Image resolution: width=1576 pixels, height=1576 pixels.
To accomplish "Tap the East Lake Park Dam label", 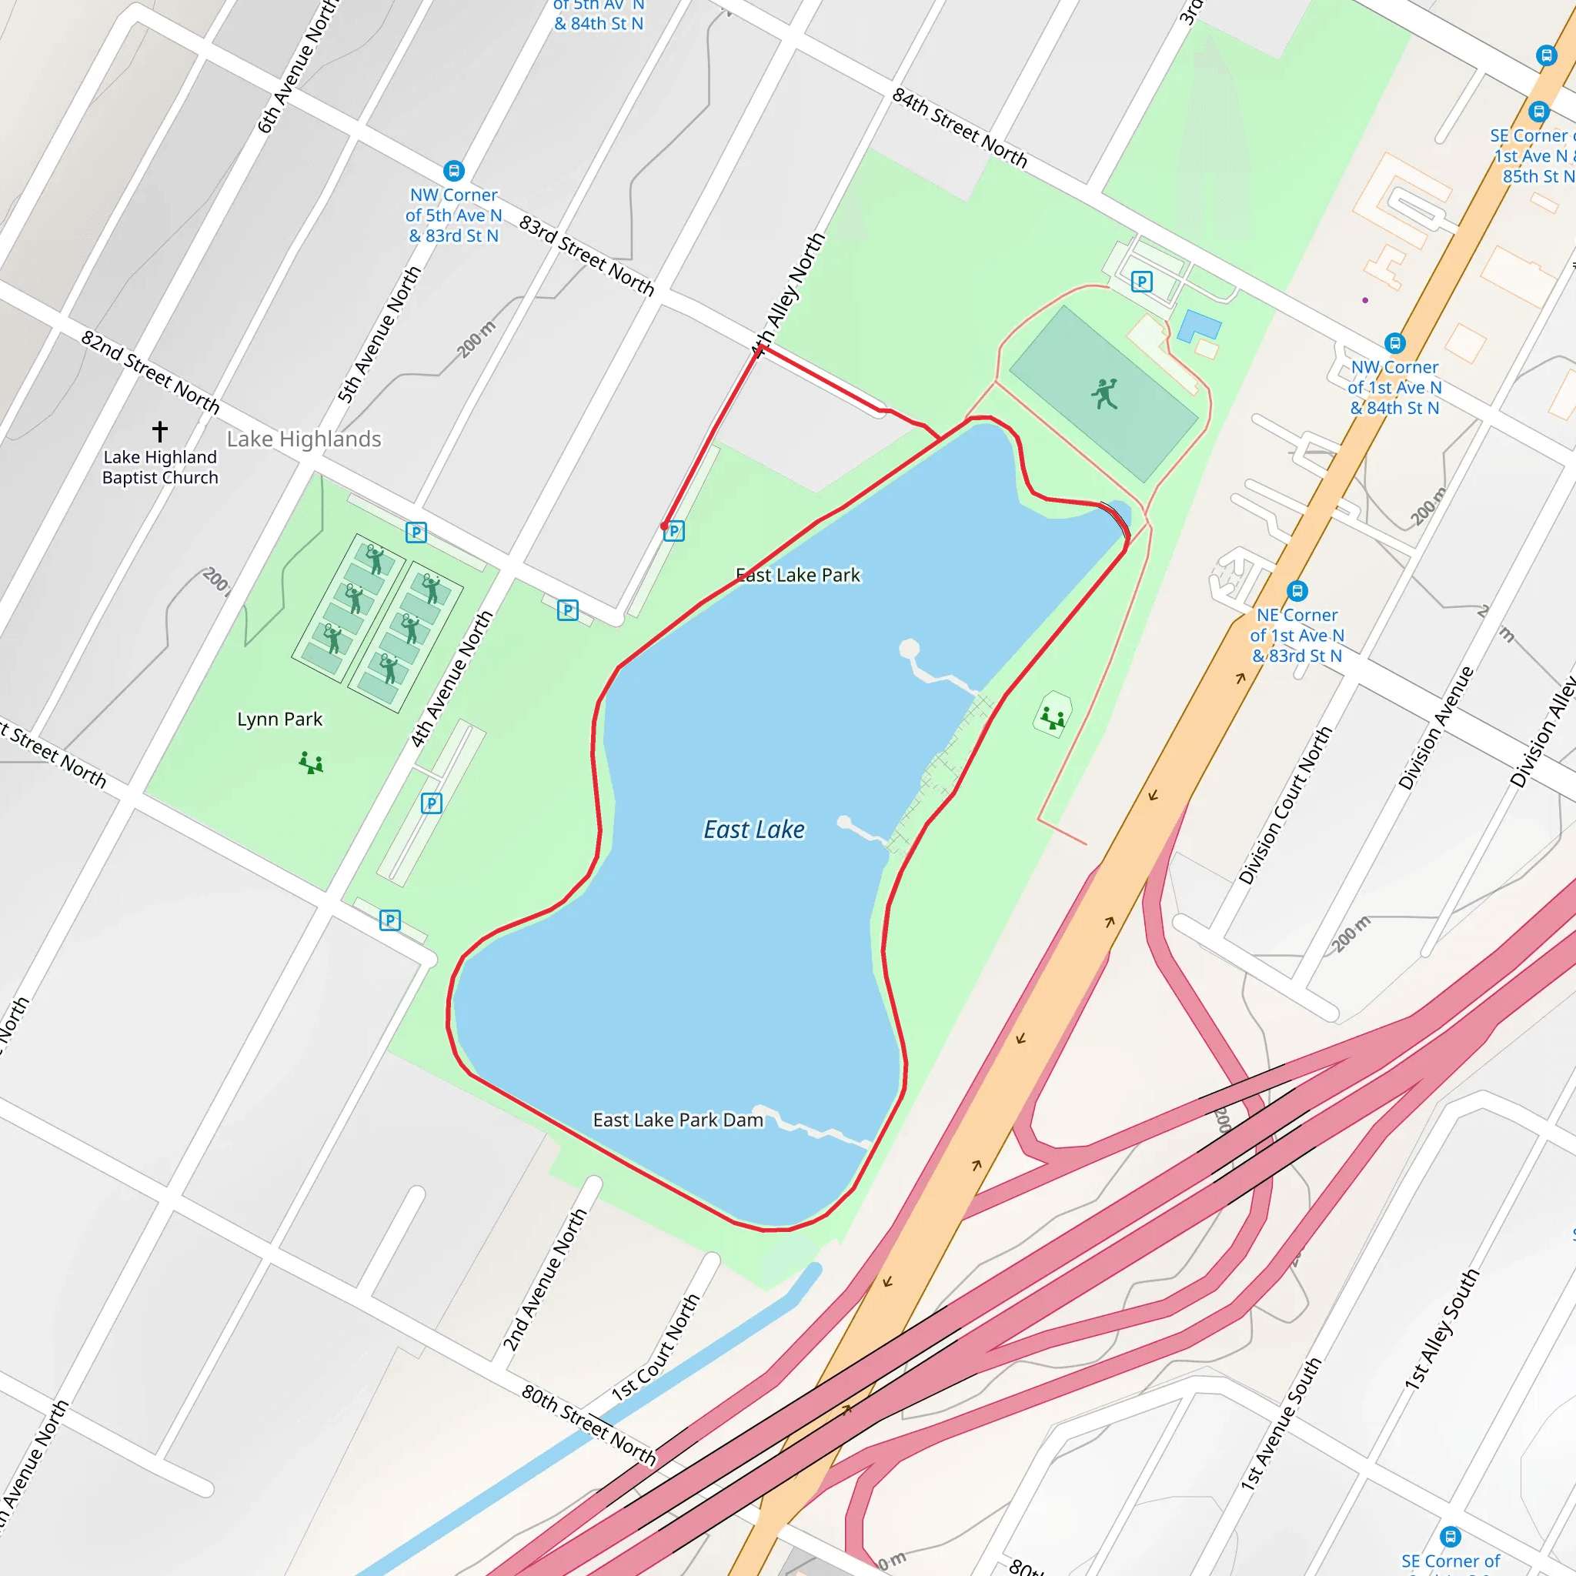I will (678, 1120).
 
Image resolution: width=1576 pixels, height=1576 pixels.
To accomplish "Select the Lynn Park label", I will (280, 719).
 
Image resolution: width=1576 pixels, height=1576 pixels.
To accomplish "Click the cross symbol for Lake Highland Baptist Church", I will (160, 430).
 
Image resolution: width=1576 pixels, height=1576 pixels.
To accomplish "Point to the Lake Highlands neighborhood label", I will (304, 439).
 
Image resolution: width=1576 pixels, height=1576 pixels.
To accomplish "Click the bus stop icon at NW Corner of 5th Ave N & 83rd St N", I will (453, 171).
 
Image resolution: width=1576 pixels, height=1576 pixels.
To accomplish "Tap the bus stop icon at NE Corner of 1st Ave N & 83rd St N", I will (1297, 590).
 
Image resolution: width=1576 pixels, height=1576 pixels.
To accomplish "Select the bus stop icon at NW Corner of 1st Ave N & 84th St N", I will (1395, 343).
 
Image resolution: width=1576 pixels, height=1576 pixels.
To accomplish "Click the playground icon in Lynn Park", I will (311, 763).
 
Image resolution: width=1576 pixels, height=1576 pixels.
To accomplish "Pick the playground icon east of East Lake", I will (1052, 718).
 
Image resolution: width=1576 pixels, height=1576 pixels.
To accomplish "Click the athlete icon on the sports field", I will (1104, 394).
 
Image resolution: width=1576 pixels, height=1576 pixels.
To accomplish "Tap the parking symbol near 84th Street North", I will (1142, 282).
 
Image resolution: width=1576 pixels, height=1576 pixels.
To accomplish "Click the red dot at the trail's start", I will (665, 526).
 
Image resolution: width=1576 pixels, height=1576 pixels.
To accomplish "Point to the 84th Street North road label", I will (960, 127).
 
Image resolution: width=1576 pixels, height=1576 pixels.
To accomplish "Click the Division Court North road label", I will (1285, 805).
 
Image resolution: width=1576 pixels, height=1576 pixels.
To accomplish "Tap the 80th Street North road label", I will (588, 1425).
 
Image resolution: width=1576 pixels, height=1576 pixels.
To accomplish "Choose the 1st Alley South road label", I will (1441, 1329).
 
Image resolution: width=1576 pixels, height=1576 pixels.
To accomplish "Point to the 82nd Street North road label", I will (150, 372).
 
